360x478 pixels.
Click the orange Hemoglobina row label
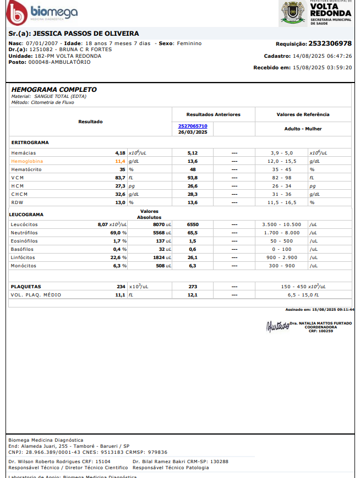click(27, 161)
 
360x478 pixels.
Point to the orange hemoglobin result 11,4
click(120, 161)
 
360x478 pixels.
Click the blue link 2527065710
click(193, 126)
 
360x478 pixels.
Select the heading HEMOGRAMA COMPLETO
click(54, 89)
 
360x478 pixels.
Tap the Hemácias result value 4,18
click(120, 152)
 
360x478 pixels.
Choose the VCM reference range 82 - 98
click(283, 178)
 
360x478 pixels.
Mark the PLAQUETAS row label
click(26, 287)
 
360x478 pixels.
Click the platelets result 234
click(121, 287)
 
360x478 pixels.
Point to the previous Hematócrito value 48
click(193, 169)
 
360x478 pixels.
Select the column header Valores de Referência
click(303, 114)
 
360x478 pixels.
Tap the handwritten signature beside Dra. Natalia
click(277, 326)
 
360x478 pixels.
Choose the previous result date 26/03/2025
click(193, 132)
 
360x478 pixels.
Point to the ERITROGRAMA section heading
click(30, 142)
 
